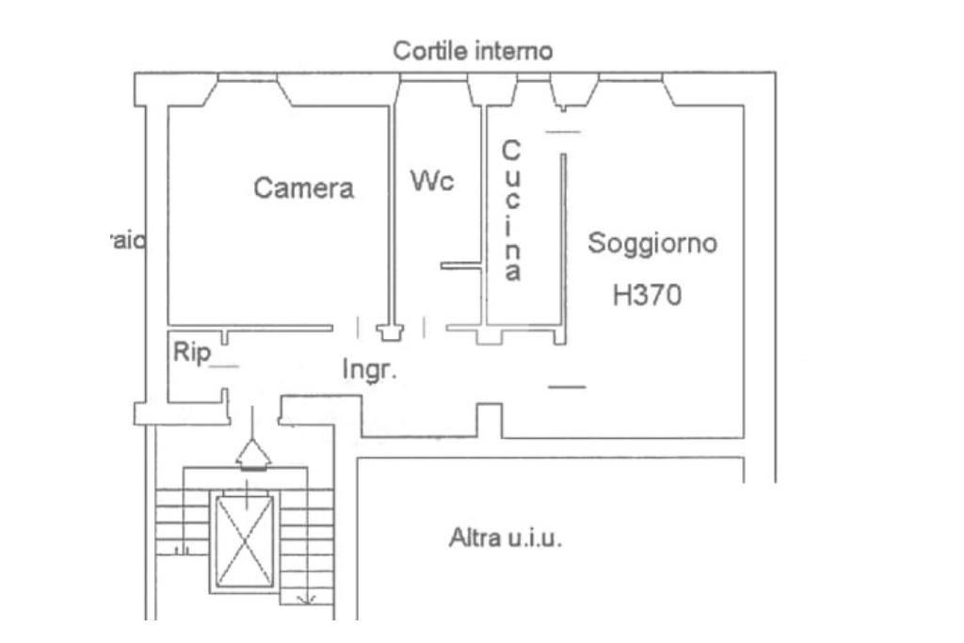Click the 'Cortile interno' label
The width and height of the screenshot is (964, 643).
pos(473,51)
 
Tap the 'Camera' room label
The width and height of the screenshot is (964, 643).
pos(304,188)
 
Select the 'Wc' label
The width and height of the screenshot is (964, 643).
pos(432,181)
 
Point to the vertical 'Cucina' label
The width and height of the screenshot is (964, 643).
pos(511,211)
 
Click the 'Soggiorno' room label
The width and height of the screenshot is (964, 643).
pos(652,243)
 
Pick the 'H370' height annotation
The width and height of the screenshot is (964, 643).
pos(647,297)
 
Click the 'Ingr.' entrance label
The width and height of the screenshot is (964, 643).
pos(368,370)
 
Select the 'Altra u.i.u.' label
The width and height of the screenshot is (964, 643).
pos(506,539)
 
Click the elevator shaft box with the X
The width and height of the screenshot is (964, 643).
pos(245,539)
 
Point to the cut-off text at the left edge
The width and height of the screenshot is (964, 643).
pos(124,241)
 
